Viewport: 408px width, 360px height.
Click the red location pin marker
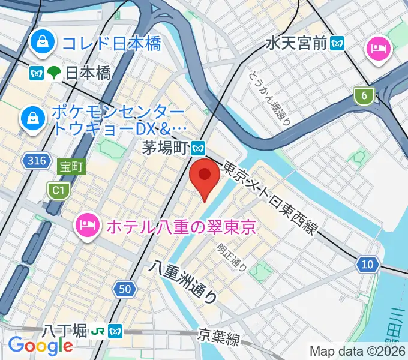coord(205,176)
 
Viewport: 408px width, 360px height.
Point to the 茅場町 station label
coord(166,147)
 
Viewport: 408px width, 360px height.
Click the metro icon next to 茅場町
coord(199,147)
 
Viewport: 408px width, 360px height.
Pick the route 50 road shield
coord(125,289)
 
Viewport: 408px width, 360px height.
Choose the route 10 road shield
coord(367,264)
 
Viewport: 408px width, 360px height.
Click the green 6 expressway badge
coord(363,95)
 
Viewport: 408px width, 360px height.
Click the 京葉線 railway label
coord(219,338)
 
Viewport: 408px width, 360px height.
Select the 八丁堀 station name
coord(65,331)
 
